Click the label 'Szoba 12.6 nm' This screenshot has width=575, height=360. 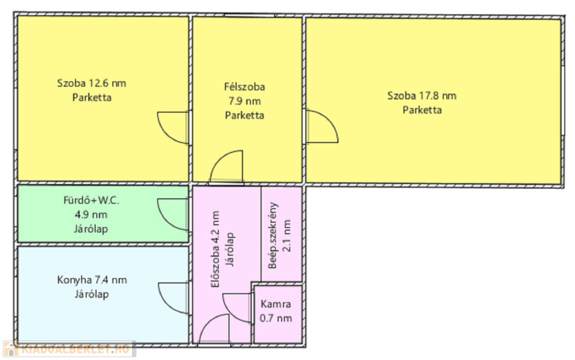pyautogui.click(x=92, y=83)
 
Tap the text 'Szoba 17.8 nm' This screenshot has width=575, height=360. pyautogui.click(x=422, y=96)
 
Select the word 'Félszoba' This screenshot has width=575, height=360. pyautogui.click(x=245, y=87)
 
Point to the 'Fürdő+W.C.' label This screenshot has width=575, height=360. pyautogui.click(x=92, y=200)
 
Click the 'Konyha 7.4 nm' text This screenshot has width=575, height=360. pyautogui.click(x=92, y=280)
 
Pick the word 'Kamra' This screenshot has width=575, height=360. pyautogui.click(x=276, y=304)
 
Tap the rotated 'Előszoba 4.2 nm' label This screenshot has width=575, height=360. pyautogui.click(x=216, y=249)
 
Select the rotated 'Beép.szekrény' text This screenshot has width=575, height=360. pyautogui.click(x=273, y=236)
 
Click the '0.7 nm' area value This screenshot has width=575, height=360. pyautogui.click(x=276, y=318)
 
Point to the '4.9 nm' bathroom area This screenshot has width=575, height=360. pyautogui.click(x=92, y=215)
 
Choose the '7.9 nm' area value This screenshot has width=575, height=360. pyautogui.click(x=245, y=101)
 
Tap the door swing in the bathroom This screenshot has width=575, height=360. pyautogui.click(x=173, y=215)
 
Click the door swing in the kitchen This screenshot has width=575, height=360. pyautogui.click(x=174, y=298)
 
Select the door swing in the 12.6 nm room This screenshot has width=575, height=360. pyautogui.click(x=173, y=128)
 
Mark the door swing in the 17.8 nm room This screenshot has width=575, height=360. pyautogui.click(x=322, y=126)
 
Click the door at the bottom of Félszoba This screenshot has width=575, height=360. pyautogui.click(x=226, y=166)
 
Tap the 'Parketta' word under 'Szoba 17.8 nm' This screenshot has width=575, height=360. pyautogui.click(x=422, y=110)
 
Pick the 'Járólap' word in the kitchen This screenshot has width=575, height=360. pyautogui.click(x=92, y=294)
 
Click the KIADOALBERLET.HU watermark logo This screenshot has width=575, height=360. pyautogui.click(x=69, y=349)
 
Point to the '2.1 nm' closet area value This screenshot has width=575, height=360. pyautogui.click(x=287, y=236)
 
